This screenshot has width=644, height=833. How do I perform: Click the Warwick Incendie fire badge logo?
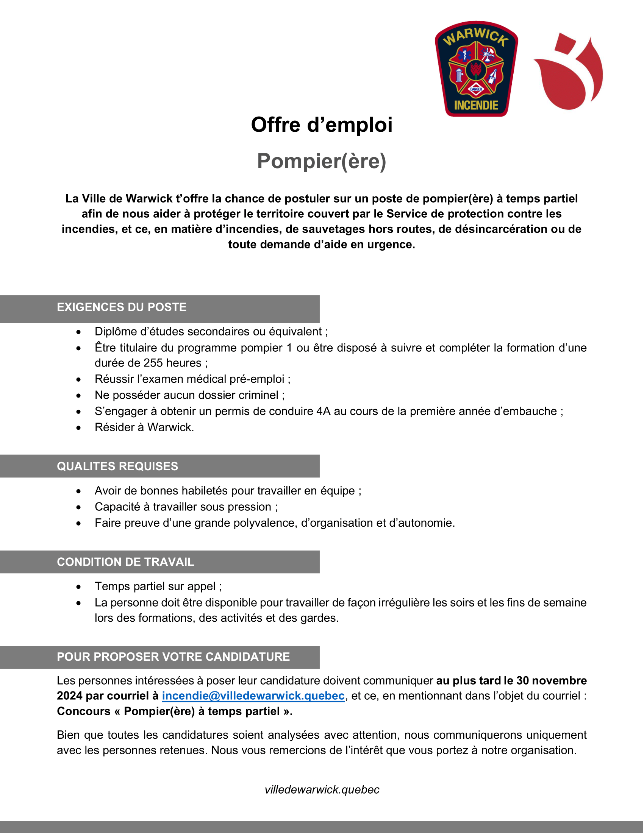[476, 69]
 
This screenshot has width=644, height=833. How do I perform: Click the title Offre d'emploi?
[322, 125]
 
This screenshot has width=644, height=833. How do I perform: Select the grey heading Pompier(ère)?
[322, 161]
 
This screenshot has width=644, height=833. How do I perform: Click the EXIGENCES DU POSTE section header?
[122, 307]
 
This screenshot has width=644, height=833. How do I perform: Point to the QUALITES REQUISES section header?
[117, 466]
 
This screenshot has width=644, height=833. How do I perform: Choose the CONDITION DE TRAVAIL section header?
[125, 562]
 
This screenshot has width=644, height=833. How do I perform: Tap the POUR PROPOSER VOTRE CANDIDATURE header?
[173, 657]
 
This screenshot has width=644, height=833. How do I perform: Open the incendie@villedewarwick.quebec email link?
[253, 696]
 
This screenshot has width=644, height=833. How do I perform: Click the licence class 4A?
[324, 411]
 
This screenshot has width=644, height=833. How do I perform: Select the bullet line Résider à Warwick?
[144, 427]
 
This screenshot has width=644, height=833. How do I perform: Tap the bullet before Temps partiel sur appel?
[78, 587]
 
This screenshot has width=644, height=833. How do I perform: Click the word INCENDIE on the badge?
[476, 105]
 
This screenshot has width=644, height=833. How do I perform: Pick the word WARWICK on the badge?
[476, 36]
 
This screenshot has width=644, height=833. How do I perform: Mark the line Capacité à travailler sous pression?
[186, 507]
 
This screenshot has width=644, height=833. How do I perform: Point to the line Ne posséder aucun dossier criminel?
[190, 395]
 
